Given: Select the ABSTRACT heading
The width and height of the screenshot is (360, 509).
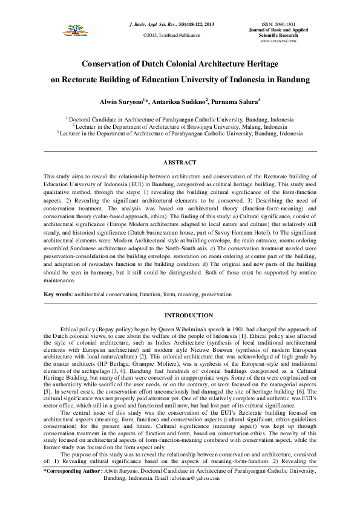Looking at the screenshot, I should point(180,163).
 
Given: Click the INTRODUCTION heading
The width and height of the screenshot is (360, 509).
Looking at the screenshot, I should point(180,315).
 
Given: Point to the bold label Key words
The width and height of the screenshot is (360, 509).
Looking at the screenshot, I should point(57,294).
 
